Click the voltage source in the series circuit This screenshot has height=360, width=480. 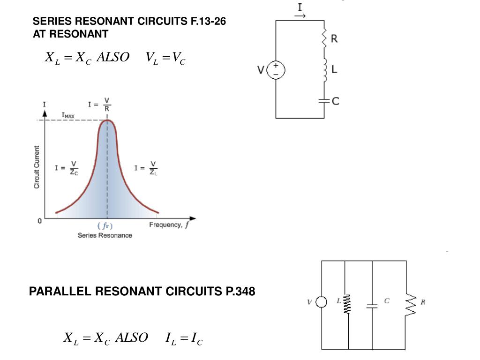pos(276,71)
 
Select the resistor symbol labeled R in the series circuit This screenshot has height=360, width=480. pos(324,38)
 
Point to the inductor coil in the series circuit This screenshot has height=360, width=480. pos(324,70)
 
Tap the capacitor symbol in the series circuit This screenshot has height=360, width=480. pos(324,100)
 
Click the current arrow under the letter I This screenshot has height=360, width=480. pos(300,16)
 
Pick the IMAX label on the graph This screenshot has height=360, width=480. pos(68,115)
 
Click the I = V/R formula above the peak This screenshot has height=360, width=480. pos(99,105)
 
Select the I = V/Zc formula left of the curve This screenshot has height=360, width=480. pos(67,167)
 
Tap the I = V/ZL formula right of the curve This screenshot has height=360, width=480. pos(146,167)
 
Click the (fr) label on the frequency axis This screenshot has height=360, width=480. pos(105,226)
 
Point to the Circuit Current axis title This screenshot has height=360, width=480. pos(36,167)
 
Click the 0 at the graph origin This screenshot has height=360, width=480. pos(40,220)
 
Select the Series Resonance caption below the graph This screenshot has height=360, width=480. pos(105,235)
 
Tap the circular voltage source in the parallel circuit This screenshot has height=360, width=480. pos(322,302)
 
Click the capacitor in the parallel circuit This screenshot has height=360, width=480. pos(372,306)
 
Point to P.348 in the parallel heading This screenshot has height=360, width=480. pos(238,292)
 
